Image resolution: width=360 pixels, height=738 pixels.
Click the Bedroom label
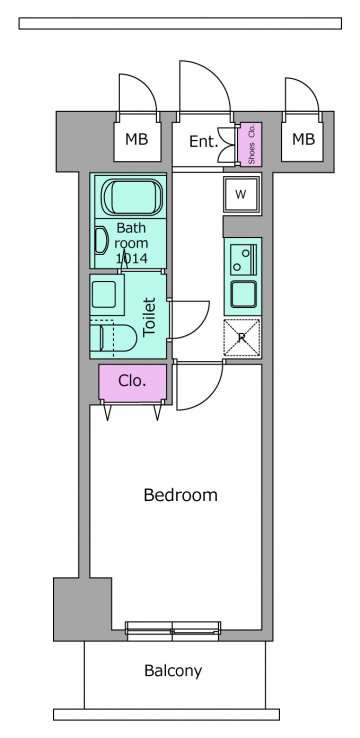point(180,495)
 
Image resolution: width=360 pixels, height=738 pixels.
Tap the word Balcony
point(173,671)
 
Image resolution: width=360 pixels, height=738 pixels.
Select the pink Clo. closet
point(133,382)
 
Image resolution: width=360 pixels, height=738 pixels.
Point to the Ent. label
point(204,141)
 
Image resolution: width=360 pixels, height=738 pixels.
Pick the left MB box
point(137,141)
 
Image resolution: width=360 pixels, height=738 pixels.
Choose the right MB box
point(303,140)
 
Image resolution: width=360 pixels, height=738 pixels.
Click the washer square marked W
point(242,195)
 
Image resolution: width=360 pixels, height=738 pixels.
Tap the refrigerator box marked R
point(242,337)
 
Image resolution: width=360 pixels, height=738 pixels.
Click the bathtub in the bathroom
point(132,198)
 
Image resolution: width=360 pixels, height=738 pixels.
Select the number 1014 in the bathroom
point(131,258)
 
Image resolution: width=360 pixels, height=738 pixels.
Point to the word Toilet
point(150,316)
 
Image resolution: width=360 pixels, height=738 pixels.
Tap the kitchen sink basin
point(243,295)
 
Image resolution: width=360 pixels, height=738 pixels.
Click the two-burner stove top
point(243,261)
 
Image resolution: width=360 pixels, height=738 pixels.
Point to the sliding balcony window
point(173,631)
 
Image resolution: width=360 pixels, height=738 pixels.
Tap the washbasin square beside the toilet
point(104,295)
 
